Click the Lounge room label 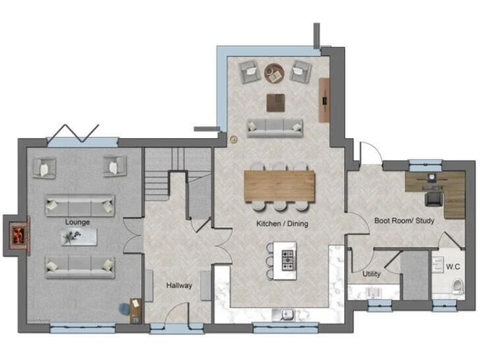point(77,222)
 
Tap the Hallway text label point(179,286)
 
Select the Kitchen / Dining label point(282,223)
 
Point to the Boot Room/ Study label point(404,221)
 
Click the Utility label point(371,274)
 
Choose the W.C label point(453,267)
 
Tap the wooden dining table point(279,185)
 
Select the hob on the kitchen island point(288,260)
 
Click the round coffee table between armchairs point(274,73)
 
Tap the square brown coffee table point(276,102)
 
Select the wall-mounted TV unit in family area point(324,100)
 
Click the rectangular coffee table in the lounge point(79,236)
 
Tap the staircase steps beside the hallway point(157,181)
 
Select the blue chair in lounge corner point(125,307)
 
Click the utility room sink point(374,293)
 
